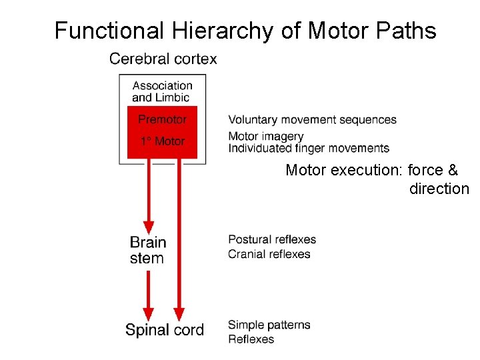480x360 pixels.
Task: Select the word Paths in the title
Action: click(x=408, y=31)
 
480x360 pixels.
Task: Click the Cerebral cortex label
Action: click(x=163, y=59)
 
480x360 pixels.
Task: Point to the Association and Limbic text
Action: click(x=162, y=91)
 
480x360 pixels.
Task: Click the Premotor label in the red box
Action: click(x=162, y=120)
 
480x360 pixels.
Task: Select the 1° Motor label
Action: click(x=162, y=141)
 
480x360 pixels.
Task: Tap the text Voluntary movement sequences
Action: click(x=312, y=120)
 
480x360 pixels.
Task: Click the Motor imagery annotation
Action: click(x=265, y=136)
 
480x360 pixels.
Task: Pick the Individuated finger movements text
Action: click(x=308, y=148)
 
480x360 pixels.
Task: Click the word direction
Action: click(x=439, y=189)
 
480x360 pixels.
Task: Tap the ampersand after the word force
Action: click(x=453, y=170)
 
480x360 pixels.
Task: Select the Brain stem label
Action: click(x=147, y=250)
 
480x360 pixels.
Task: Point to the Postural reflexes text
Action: click(x=271, y=239)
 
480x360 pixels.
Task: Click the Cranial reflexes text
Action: click(x=269, y=254)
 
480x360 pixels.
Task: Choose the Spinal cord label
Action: click(x=164, y=329)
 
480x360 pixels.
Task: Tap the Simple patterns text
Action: click(x=269, y=325)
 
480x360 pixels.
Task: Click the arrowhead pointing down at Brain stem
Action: click(x=149, y=227)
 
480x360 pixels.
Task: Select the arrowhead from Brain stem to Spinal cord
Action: click(x=149, y=313)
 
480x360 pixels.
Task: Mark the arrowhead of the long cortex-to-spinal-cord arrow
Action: click(x=179, y=313)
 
